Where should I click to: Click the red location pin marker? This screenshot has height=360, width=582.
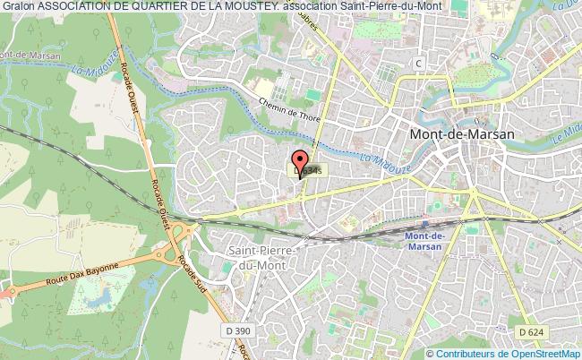click(x=299, y=165)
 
